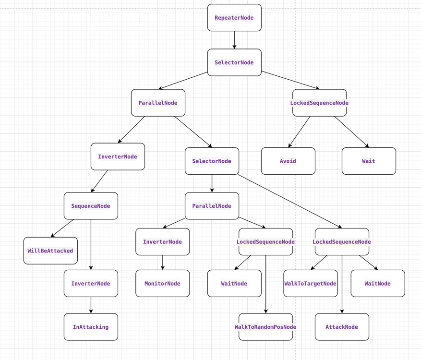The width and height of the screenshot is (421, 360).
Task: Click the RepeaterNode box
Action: pyautogui.click(x=234, y=18)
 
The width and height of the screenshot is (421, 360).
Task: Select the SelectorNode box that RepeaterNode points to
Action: pyautogui.click(x=234, y=62)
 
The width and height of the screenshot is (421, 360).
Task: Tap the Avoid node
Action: pyautogui.click(x=288, y=161)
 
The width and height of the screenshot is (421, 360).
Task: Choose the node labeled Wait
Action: pyautogui.click(x=369, y=161)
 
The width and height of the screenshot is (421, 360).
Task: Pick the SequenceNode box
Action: pyautogui.click(x=91, y=206)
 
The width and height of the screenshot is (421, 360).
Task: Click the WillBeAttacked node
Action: pyautogui.click(x=50, y=251)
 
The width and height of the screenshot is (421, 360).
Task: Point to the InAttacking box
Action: pyautogui.click(x=91, y=327)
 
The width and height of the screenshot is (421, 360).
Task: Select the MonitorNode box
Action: pyautogui.click(x=163, y=283)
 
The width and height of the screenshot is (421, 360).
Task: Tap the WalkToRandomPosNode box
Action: pyautogui.click(x=265, y=327)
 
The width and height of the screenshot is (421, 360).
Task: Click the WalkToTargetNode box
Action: pyautogui.click(x=311, y=283)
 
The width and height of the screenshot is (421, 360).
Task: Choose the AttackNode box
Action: pyautogui.click(x=342, y=327)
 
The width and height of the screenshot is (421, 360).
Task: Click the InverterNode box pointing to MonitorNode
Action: pyautogui.click(x=163, y=241)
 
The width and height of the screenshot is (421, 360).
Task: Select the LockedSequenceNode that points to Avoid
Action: pyautogui.click(x=319, y=103)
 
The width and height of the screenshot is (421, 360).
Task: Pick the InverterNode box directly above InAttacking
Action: pyautogui.click(x=91, y=283)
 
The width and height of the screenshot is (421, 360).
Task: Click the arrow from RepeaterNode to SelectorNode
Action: pyautogui.click(x=234, y=40)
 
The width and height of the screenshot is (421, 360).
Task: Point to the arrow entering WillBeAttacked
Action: pyautogui.click(x=62, y=228)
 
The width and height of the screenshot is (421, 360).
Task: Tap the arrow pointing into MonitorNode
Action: pyautogui.click(x=163, y=263)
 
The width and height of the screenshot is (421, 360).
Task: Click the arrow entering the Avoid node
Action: pyautogui.click(x=299, y=132)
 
